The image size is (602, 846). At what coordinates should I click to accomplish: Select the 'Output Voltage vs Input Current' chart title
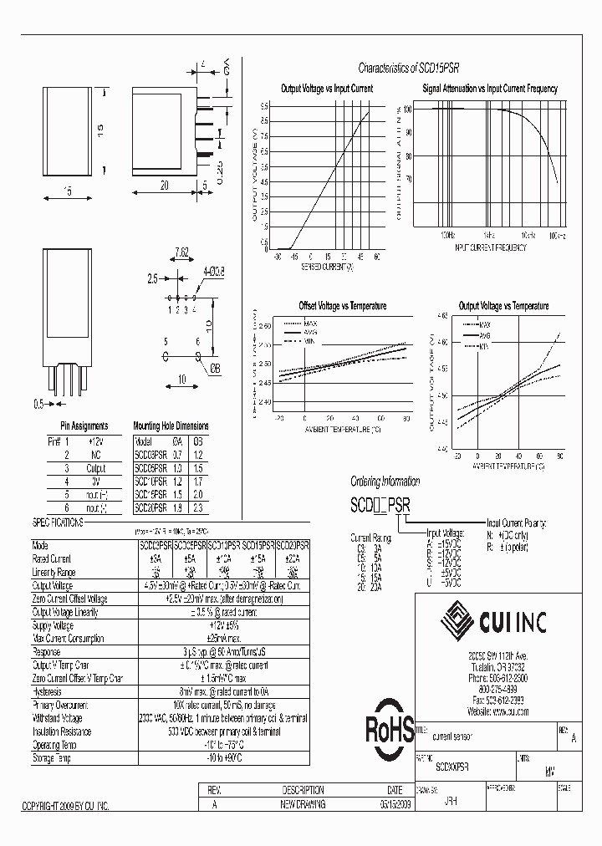tap(326, 88)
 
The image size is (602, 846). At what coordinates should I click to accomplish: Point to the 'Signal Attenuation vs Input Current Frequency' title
tap(490, 88)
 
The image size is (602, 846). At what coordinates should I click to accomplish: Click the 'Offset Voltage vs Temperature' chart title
tap(343, 306)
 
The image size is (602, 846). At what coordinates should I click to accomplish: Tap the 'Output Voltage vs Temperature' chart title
tap(503, 306)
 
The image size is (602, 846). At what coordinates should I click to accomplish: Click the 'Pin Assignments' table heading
tap(84, 426)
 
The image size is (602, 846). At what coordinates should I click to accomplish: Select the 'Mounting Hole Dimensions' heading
tap(171, 426)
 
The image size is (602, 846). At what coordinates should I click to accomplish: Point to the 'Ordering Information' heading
tap(389, 482)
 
